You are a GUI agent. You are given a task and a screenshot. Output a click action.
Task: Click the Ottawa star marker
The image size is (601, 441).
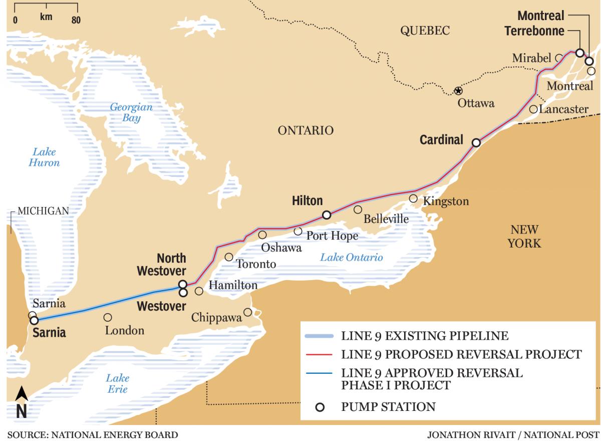click(x=458, y=91)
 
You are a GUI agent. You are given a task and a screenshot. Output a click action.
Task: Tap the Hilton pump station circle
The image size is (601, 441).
click(x=327, y=215)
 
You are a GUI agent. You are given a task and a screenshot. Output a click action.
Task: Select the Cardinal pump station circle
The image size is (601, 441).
click(x=476, y=143)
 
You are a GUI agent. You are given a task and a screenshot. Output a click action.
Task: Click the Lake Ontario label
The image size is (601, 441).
click(x=352, y=258)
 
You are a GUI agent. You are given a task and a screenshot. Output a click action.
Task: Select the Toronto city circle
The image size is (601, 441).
click(x=229, y=257)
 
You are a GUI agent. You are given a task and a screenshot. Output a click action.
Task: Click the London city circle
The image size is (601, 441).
click(x=108, y=317)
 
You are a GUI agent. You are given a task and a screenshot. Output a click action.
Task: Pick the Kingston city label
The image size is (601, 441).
click(x=446, y=201)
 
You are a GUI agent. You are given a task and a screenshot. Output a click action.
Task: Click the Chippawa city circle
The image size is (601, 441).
click(x=247, y=312)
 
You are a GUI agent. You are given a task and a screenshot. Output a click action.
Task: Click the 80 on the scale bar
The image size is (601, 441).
click(x=76, y=20)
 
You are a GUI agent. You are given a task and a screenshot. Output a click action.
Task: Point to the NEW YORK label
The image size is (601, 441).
click(x=524, y=237)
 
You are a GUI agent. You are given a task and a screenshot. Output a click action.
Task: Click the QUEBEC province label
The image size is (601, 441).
click(x=425, y=31)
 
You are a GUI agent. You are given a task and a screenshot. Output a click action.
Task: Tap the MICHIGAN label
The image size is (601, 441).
click(x=43, y=211)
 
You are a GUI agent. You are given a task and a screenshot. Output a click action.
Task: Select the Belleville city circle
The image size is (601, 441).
click(x=358, y=209)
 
